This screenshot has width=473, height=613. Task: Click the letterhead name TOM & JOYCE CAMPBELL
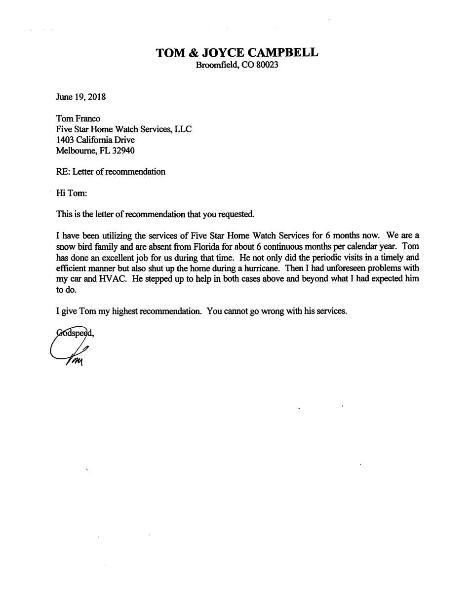point(237,53)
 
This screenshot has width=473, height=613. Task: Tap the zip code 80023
point(267,65)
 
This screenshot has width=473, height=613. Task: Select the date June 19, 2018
point(80,97)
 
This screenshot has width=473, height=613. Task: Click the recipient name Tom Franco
point(78,118)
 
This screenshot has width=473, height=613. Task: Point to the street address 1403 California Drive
point(95,140)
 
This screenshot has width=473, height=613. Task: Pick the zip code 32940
point(123,151)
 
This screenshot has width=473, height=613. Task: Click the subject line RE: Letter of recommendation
point(111,172)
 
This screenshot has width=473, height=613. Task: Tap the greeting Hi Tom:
point(72,193)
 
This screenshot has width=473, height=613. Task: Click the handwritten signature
point(69,350)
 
